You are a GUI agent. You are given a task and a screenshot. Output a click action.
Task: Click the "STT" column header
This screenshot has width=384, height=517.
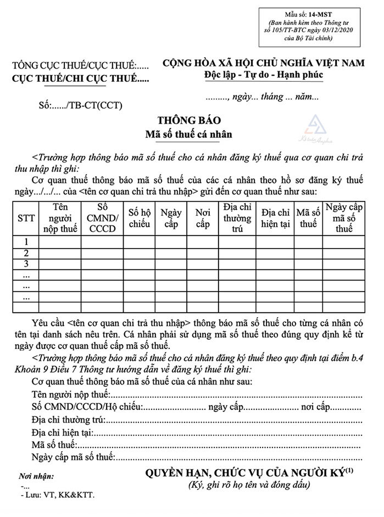click(26, 218)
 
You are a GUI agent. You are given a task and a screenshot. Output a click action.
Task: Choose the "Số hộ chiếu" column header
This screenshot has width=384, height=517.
click(138, 218)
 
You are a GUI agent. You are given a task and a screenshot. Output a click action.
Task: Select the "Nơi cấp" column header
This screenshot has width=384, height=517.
click(202, 218)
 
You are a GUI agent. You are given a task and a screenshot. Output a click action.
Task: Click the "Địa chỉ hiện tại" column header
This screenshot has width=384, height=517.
click(275, 218)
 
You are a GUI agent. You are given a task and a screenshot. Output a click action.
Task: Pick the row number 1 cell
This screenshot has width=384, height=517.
click(26, 241)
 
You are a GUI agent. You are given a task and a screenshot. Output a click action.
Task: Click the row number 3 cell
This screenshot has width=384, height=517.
click(26, 264)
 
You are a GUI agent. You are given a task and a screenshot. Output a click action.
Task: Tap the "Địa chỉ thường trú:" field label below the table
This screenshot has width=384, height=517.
click(69, 419)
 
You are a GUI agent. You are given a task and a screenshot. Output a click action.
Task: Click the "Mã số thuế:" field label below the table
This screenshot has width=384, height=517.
click(54, 444)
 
